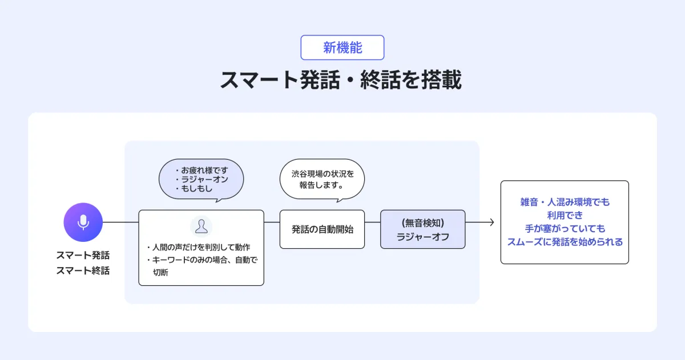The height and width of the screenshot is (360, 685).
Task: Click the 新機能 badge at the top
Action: [x=342, y=48]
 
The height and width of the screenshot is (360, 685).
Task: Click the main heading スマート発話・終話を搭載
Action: [x=341, y=80]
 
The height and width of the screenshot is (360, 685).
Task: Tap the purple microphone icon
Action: [x=83, y=222]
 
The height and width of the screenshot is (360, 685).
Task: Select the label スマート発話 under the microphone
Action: [x=83, y=255]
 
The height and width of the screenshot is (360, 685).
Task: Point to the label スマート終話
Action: [x=83, y=270]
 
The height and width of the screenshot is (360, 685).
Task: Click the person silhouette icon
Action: [x=201, y=226]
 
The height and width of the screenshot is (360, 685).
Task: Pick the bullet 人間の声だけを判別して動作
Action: [x=199, y=247]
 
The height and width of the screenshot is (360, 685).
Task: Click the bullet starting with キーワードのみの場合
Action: [x=202, y=266]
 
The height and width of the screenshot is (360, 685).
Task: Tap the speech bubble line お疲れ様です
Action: [x=202, y=170]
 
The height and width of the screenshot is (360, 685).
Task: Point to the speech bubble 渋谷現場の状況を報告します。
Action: [x=323, y=180]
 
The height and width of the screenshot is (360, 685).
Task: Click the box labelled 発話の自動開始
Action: [x=322, y=229]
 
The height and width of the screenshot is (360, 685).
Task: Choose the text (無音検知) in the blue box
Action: [x=423, y=223]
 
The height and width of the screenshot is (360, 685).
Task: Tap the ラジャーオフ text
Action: [x=423, y=237]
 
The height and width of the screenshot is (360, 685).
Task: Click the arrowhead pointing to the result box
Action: [x=492, y=222]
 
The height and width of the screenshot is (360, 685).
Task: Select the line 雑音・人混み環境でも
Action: [x=565, y=202]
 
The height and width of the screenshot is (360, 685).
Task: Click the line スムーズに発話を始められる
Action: [x=565, y=242]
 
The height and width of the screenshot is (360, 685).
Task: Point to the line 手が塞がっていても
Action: [x=565, y=229]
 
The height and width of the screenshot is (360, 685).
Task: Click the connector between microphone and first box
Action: [x=120, y=222]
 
